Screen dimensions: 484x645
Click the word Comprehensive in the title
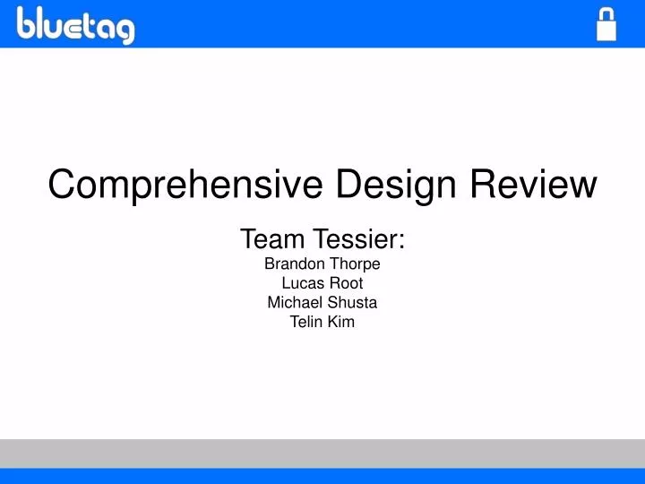coord(187,185)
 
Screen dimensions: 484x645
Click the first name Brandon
coord(293,264)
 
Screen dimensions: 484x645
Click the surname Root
coord(345,283)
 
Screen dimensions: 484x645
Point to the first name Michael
coord(294,303)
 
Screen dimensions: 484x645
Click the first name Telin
coord(305,322)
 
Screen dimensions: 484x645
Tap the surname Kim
coord(340,322)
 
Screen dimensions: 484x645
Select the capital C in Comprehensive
coord(61,185)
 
